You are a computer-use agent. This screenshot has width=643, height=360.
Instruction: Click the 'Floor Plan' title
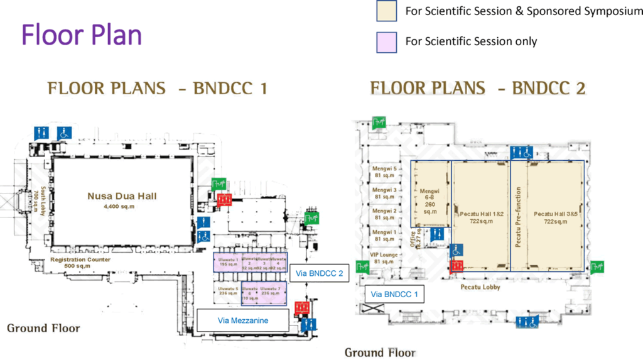pos(82,35)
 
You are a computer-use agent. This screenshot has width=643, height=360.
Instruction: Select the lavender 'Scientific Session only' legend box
pos(386,42)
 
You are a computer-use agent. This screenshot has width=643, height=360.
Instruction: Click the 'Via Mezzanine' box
pos(243,320)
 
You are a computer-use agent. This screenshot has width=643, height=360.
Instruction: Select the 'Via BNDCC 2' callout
pos(318,273)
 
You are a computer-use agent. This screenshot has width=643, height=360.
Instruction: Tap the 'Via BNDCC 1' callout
pos(394,294)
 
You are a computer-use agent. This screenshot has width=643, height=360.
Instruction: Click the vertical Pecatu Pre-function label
pos(519,217)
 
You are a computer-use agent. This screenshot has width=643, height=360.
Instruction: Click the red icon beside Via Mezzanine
pos(302,308)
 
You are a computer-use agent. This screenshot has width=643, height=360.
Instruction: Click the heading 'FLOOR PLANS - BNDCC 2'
pos(478,89)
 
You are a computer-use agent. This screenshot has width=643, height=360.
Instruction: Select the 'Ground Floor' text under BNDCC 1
pos(43,329)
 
